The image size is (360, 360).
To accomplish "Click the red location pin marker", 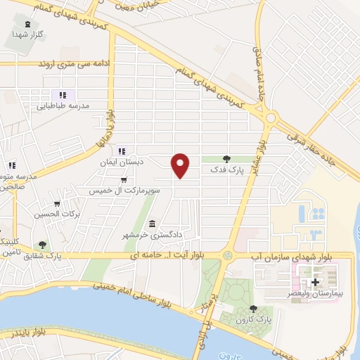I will tap(181, 166).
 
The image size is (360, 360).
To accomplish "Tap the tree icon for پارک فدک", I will tap(226, 160).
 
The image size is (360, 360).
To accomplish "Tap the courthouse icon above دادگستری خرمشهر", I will tap(153, 223).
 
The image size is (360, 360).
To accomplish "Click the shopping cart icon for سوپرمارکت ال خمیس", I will tap(124, 180).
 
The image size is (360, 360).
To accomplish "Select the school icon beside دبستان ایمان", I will tap(122, 150).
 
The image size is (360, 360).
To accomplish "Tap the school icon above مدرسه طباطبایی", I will tap(63, 95).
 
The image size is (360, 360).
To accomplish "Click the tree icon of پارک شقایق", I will tap(43, 245).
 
